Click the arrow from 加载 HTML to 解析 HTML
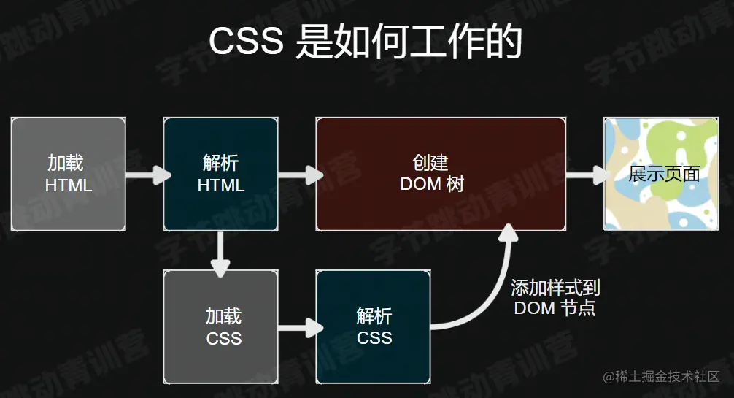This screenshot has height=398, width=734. [x=148, y=175]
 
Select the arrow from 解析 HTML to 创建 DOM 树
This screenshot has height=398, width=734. [x=300, y=175]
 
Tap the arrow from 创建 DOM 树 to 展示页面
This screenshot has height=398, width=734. [x=587, y=175]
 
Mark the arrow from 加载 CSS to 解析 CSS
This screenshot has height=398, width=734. [x=300, y=326]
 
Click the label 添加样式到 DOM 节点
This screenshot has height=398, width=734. [x=555, y=298]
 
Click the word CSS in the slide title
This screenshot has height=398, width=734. [x=246, y=42]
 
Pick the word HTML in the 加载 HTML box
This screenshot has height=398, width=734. [x=69, y=185]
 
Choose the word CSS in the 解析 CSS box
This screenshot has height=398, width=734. [x=374, y=338]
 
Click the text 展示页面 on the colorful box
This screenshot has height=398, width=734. [x=664, y=174]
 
